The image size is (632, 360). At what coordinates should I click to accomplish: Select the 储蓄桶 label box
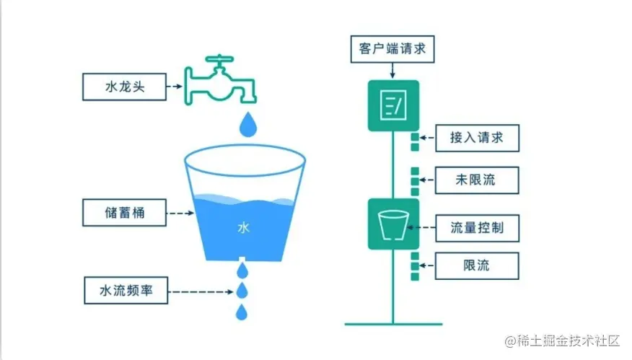tap(125, 214)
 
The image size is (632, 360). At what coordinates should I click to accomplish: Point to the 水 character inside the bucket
tap(243, 228)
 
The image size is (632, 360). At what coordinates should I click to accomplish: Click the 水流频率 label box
tap(125, 292)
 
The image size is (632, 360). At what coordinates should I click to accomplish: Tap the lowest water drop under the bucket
tap(243, 312)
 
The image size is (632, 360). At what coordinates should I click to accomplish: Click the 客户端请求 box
tap(392, 48)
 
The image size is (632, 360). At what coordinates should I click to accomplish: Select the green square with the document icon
tap(392, 105)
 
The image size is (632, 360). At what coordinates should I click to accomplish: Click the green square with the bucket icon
tap(392, 224)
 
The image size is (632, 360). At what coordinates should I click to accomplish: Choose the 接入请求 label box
tap(476, 137)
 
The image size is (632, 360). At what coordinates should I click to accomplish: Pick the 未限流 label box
tap(476, 179)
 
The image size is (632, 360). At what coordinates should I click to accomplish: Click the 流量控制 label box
tap(476, 229)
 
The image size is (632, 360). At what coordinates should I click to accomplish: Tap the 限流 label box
tap(476, 265)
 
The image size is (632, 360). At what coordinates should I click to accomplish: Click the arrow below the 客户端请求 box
tap(392, 71)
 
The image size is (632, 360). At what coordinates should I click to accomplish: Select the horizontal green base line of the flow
tap(392, 324)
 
